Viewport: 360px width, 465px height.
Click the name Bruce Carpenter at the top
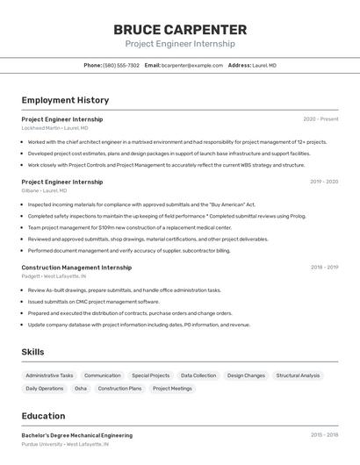(x=180, y=29)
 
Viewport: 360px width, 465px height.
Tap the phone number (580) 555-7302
(x=121, y=65)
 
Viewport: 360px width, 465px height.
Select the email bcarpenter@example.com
(x=191, y=65)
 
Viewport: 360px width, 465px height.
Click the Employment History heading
(x=65, y=100)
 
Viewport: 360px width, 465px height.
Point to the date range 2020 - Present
(x=320, y=118)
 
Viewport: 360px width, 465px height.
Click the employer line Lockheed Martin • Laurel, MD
(x=54, y=128)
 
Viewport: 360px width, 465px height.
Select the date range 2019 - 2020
(x=324, y=182)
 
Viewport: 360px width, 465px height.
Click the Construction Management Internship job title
(x=76, y=268)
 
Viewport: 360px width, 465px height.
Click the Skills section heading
(x=32, y=352)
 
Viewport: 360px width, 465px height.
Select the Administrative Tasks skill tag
(x=49, y=376)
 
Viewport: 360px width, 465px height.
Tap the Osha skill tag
(x=81, y=388)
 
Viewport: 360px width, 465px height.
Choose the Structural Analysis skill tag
(x=298, y=376)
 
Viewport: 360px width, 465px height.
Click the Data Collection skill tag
(x=198, y=376)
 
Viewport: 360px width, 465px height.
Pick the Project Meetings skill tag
(x=172, y=388)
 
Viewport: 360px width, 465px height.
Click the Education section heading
(x=43, y=416)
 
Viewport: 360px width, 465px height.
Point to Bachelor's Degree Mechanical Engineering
(x=77, y=435)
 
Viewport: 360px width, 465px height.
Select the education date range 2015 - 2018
(x=324, y=435)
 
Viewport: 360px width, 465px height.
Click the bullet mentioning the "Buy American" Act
(x=141, y=204)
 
